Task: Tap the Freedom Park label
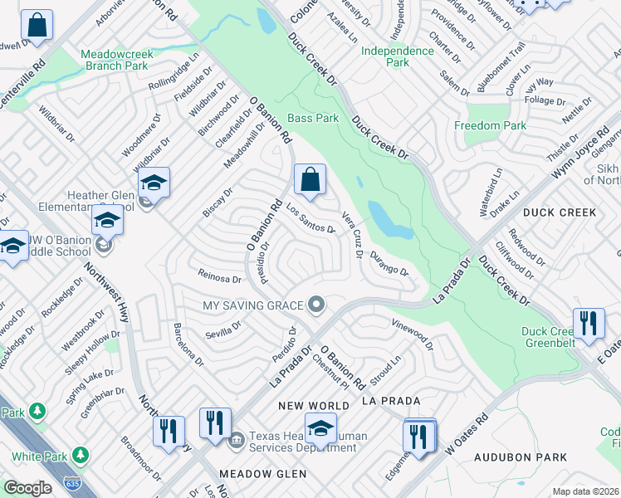tap(491, 126)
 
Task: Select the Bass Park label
tap(313, 119)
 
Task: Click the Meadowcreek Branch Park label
tap(115, 60)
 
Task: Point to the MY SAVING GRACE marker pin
tap(315, 305)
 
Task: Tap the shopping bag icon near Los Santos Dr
tap(310, 180)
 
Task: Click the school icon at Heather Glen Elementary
tap(154, 183)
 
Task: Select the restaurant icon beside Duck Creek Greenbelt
tap(588, 324)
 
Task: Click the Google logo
tap(27, 487)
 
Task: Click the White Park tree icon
tap(80, 455)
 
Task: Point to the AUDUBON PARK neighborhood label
tap(521, 457)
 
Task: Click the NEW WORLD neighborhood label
tap(314, 405)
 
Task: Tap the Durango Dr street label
tap(389, 264)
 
